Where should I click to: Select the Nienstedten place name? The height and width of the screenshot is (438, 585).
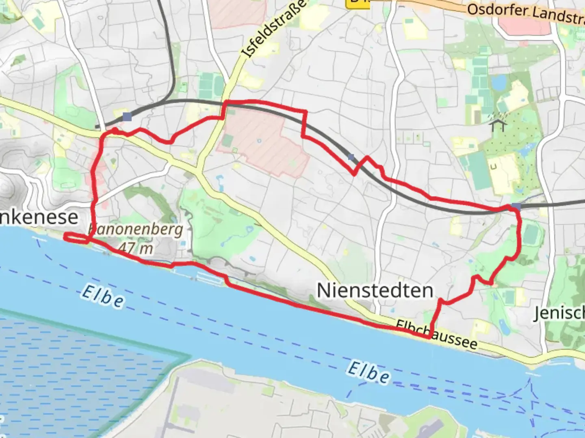[375, 291]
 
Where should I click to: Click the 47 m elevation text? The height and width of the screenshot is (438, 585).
[136, 247]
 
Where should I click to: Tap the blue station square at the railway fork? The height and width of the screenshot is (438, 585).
[127, 117]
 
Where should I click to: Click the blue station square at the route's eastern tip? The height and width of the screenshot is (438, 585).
[516, 207]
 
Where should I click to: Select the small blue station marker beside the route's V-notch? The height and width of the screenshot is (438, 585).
[351, 157]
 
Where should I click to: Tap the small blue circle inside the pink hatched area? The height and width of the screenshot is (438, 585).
[259, 142]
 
